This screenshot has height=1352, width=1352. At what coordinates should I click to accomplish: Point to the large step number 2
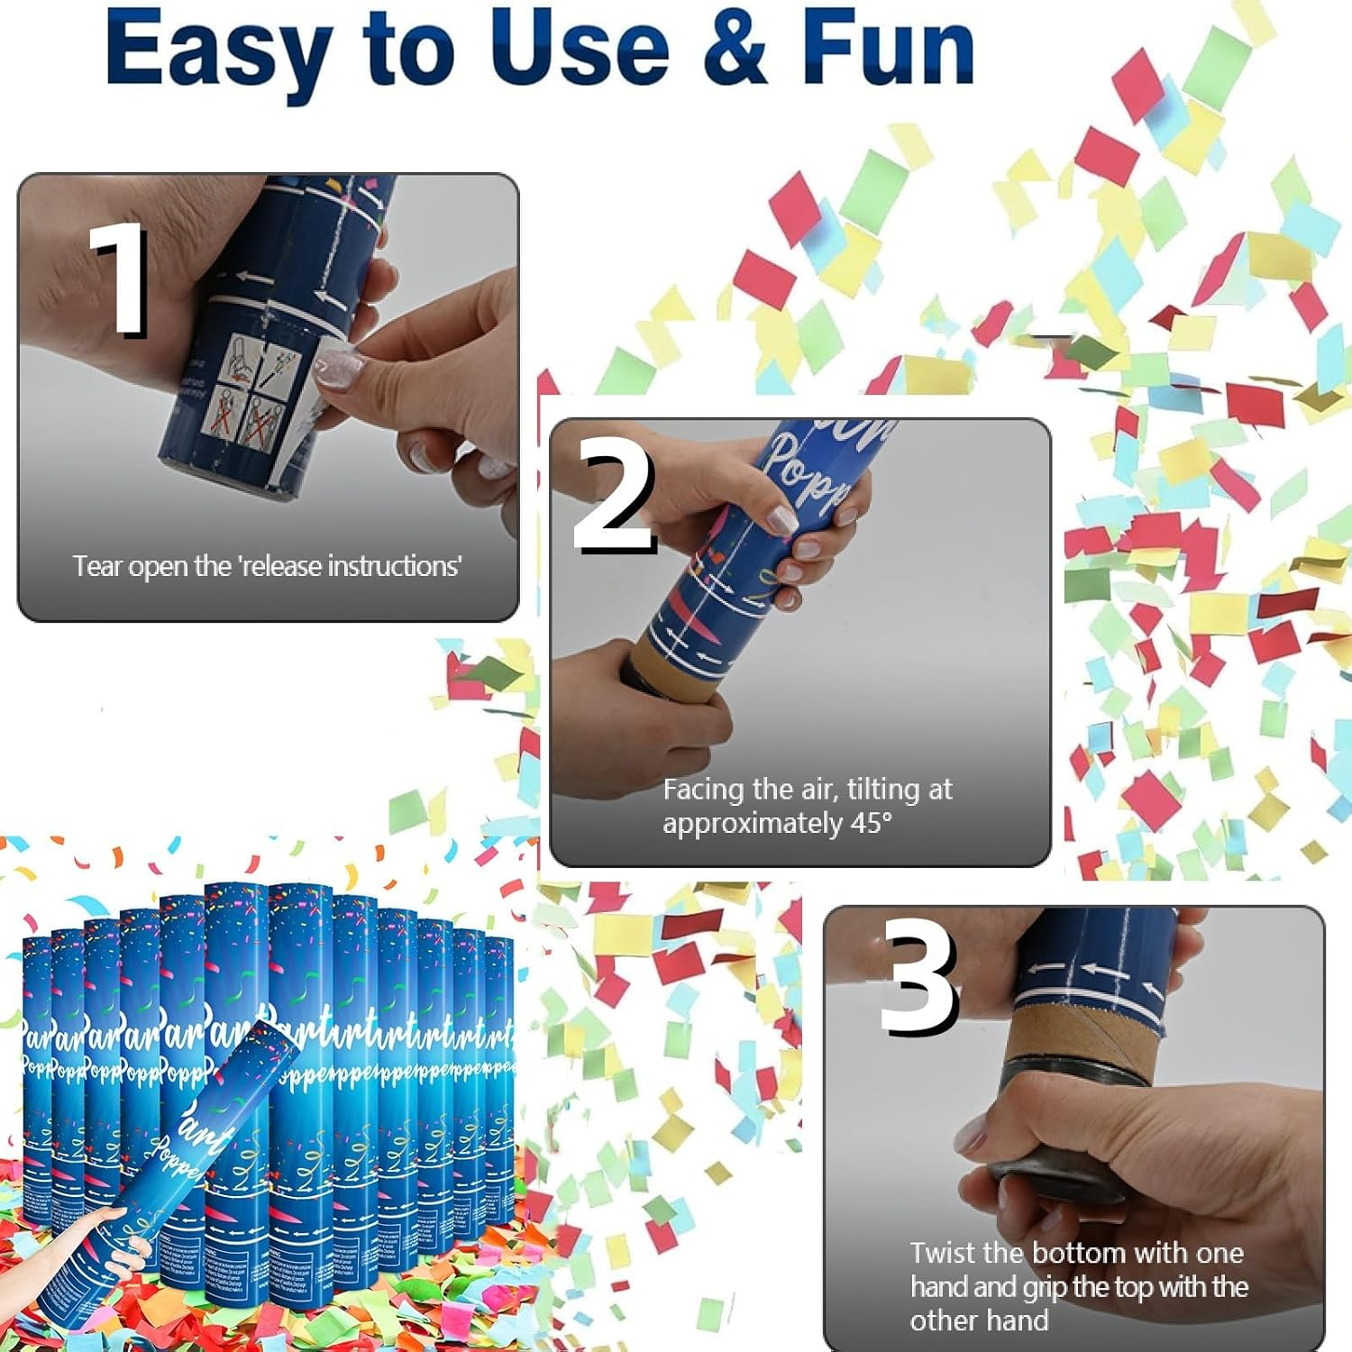614,496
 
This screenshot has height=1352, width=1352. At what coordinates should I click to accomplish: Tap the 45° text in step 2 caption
871,824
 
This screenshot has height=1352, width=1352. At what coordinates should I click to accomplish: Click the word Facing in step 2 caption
702,790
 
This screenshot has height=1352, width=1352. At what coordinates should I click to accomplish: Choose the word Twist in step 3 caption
946,1253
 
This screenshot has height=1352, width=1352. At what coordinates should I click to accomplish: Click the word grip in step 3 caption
1045,1287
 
